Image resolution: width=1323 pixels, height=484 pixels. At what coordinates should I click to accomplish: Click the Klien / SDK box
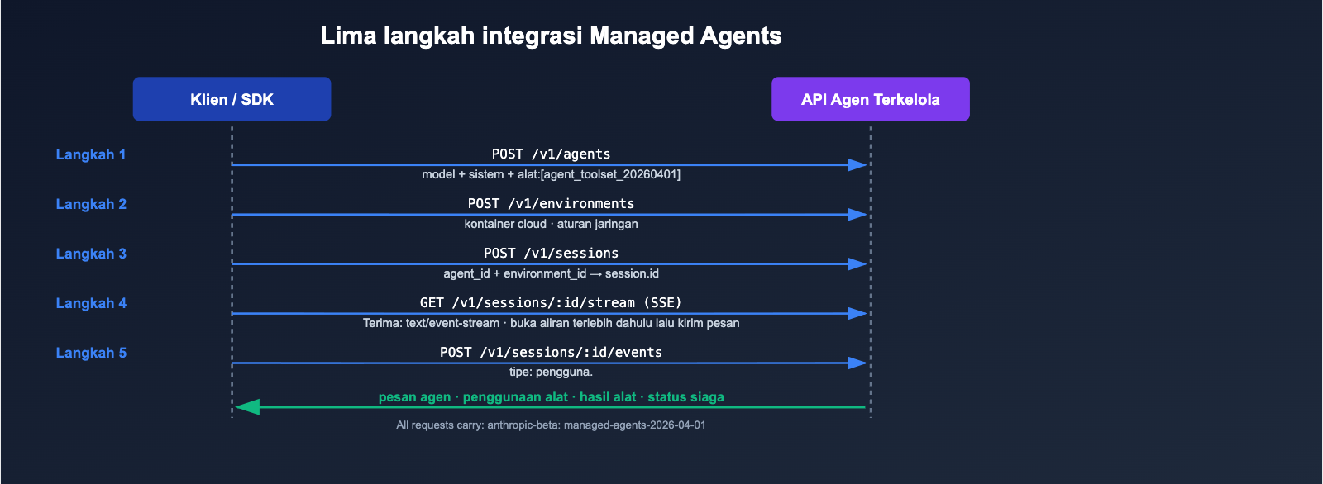click(x=232, y=99)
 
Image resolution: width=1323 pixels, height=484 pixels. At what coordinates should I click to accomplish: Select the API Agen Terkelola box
click(x=870, y=99)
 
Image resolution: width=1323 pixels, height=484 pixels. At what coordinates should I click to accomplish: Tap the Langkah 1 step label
click(x=91, y=154)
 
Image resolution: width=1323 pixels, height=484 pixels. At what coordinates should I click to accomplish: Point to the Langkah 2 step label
click(x=91, y=204)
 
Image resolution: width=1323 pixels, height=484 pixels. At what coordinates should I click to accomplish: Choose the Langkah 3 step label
click(x=91, y=254)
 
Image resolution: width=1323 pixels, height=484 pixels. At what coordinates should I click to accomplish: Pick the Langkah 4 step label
click(x=91, y=303)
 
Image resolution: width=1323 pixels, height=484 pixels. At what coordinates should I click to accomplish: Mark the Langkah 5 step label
click(x=91, y=353)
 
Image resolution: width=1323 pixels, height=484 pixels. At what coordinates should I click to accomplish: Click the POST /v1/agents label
click(x=551, y=154)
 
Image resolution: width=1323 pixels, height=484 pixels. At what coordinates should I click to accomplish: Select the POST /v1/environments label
click(x=551, y=203)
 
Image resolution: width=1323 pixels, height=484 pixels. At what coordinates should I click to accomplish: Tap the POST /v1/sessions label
click(x=551, y=253)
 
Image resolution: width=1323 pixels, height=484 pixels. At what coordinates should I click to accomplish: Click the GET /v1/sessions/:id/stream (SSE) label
click(x=551, y=302)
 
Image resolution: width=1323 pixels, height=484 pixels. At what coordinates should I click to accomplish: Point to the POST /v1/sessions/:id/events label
click(x=551, y=352)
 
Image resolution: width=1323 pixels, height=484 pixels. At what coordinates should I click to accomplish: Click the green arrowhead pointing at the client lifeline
click(x=247, y=406)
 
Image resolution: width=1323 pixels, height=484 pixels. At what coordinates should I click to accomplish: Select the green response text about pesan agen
click(x=551, y=396)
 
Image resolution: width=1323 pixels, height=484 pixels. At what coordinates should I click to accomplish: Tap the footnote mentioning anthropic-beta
click(x=551, y=425)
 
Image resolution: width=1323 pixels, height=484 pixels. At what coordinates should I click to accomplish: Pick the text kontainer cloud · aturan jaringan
click(x=551, y=224)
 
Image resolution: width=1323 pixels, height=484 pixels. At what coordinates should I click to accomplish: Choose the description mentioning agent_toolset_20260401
click(x=551, y=174)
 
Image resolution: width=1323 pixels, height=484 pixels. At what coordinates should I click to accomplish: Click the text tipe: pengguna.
click(x=551, y=372)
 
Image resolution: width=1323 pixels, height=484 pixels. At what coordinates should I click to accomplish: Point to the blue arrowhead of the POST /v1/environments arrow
click(x=857, y=214)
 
